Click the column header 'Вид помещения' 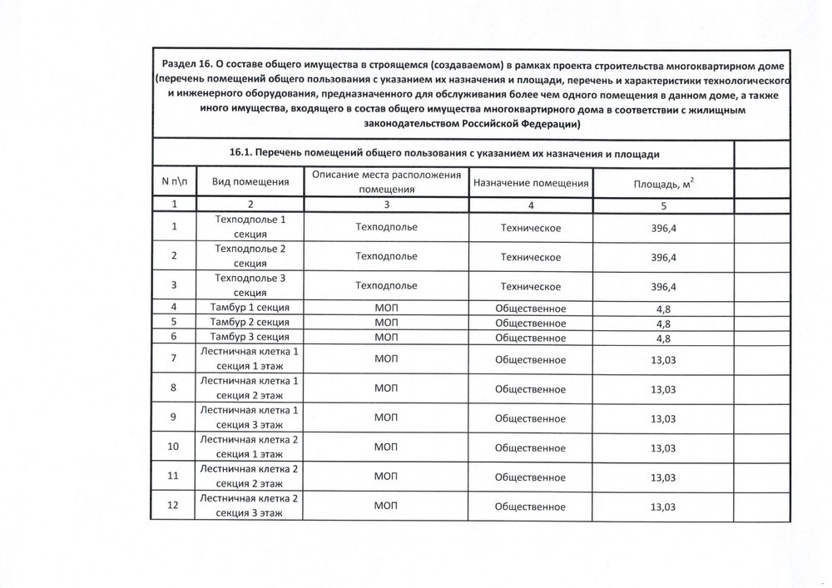pyautogui.click(x=250, y=182)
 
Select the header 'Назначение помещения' pyautogui.click(x=531, y=182)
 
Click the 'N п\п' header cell pyautogui.click(x=174, y=182)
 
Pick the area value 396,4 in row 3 pyautogui.click(x=663, y=286)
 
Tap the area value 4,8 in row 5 pyautogui.click(x=663, y=324)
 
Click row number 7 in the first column pyautogui.click(x=174, y=359)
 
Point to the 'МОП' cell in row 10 pyautogui.click(x=386, y=447)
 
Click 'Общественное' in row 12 pyautogui.click(x=531, y=506)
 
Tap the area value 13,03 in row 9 pyautogui.click(x=663, y=418)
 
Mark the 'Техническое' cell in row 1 pyautogui.click(x=531, y=227)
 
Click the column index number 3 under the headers pyautogui.click(x=386, y=205)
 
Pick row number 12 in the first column pyautogui.click(x=174, y=506)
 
